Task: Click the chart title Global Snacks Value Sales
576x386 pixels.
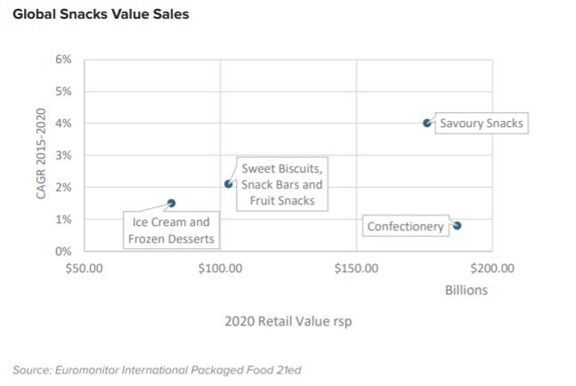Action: pyautogui.click(x=101, y=14)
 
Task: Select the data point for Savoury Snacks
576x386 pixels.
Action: pyautogui.click(x=427, y=123)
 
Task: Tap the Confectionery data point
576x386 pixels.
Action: pyautogui.click(x=457, y=226)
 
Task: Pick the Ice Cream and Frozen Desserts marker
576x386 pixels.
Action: pyautogui.click(x=172, y=204)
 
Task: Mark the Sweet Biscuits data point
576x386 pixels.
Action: pyautogui.click(x=229, y=184)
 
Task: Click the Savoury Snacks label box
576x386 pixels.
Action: pyautogui.click(x=482, y=123)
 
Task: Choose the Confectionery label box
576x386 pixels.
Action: pyautogui.click(x=405, y=226)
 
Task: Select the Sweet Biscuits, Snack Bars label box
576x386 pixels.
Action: pyautogui.click(x=282, y=184)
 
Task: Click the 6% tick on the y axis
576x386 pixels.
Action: pyautogui.click(x=63, y=60)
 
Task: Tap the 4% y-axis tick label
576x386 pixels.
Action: pyautogui.click(x=63, y=124)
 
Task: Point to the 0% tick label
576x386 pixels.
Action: pyautogui.click(x=63, y=251)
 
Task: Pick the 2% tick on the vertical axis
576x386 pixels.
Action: pyautogui.click(x=63, y=188)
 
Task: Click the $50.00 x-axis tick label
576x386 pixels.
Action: pyautogui.click(x=85, y=267)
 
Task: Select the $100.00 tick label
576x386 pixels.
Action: pyautogui.click(x=219, y=267)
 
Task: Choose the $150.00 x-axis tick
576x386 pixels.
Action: pyautogui.click(x=355, y=267)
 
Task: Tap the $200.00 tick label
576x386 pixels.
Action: pyautogui.click(x=491, y=267)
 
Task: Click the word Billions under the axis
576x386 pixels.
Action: pyautogui.click(x=466, y=290)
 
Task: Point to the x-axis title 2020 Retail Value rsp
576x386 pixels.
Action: pyautogui.click(x=288, y=321)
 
